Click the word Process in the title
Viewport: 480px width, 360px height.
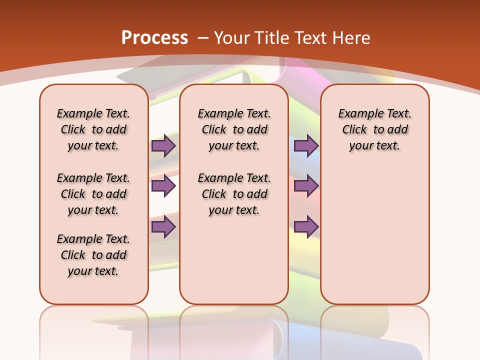(x=154, y=37)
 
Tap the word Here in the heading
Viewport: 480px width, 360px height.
(x=352, y=38)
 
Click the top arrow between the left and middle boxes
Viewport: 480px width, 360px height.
(x=163, y=146)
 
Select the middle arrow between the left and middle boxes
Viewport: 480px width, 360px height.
(x=163, y=186)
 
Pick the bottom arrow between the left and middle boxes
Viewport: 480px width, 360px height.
(x=163, y=227)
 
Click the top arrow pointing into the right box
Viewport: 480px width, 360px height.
(x=306, y=146)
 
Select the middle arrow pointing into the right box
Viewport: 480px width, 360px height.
(x=306, y=186)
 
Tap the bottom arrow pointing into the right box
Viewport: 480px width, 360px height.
(x=306, y=227)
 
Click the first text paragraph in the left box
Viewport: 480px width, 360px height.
(x=93, y=129)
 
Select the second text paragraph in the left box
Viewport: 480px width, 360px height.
(x=93, y=194)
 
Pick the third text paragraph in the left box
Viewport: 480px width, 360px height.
(x=93, y=255)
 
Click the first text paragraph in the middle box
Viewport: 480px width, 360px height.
(x=234, y=129)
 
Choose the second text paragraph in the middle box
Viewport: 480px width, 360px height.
(x=234, y=194)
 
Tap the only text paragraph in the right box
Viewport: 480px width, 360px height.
(x=374, y=129)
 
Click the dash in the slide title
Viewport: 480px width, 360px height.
(x=203, y=38)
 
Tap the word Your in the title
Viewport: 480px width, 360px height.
(x=232, y=38)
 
